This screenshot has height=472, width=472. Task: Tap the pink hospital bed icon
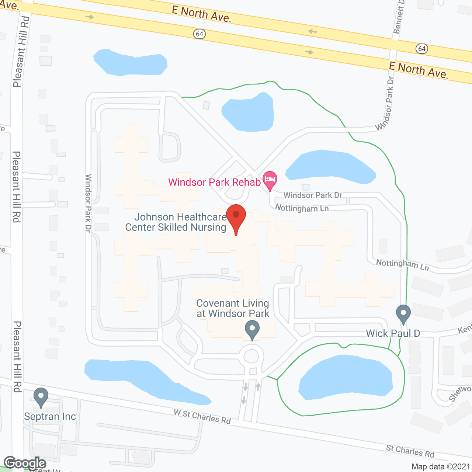(270, 180)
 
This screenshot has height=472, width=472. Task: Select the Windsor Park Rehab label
(214, 182)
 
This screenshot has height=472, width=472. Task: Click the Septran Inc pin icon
(41, 397)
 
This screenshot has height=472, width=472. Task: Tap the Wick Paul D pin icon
(403, 314)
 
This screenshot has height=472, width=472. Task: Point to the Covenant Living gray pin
(252, 329)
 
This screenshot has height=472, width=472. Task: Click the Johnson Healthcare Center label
(176, 222)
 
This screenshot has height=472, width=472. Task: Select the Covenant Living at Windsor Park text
(233, 308)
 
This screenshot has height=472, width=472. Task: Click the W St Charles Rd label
(202, 417)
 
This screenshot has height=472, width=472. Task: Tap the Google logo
(25, 463)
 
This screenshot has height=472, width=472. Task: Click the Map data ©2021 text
(441, 466)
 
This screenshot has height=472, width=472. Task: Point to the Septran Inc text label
(50, 417)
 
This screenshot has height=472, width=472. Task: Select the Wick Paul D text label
(393, 333)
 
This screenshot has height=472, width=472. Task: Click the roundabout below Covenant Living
(251, 357)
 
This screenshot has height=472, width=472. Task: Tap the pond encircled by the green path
(346, 378)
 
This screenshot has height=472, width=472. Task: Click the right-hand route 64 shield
(421, 48)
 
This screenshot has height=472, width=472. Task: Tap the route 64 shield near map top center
(199, 34)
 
